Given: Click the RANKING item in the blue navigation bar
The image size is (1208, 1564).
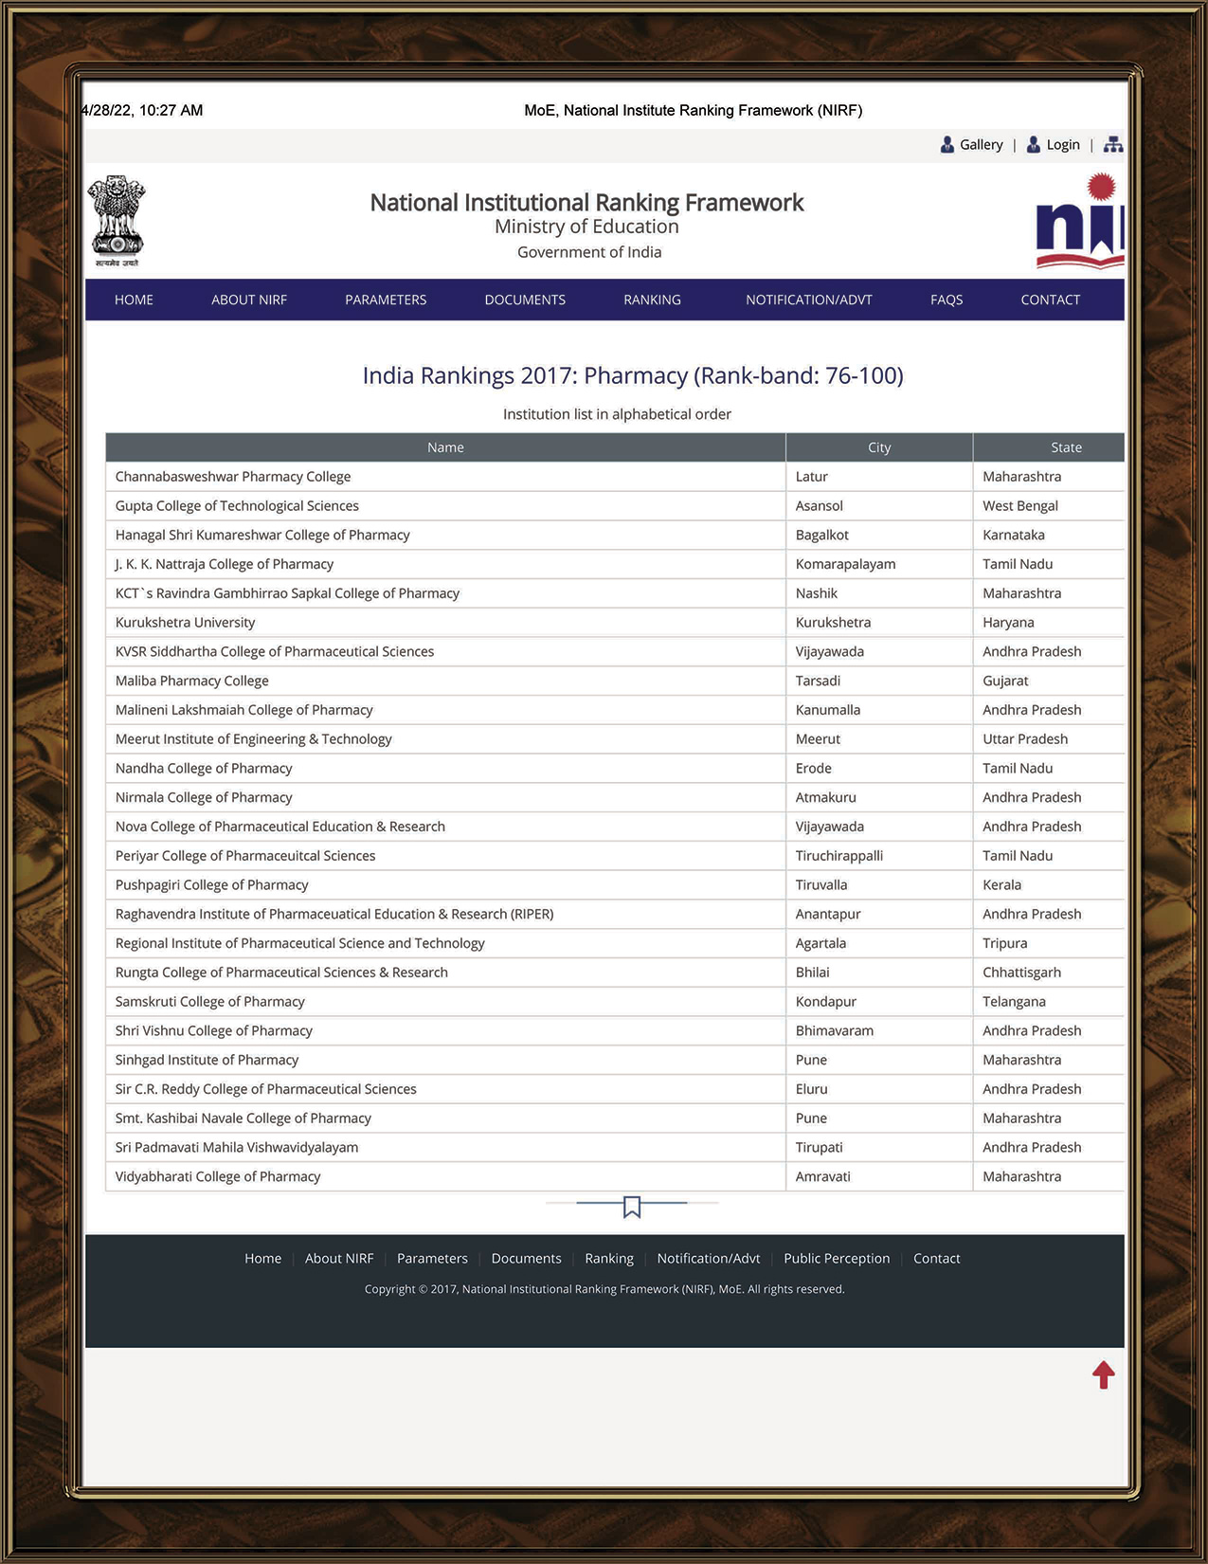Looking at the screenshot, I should click(x=652, y=300).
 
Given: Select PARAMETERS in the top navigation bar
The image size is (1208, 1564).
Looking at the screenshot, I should click(x=386, y=300).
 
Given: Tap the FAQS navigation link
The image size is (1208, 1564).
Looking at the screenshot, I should click(x=947, y=300).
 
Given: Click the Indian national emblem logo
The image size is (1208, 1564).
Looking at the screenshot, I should click(x=117, y=220).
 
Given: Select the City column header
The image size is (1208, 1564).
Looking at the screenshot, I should click(x=879, y=447).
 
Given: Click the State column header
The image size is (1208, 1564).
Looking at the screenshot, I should click(x=1066, y=447).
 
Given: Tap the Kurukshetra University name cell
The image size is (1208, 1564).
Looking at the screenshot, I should click(x=186, y=623).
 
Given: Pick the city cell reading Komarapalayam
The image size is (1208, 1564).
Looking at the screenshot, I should click(x=845, y=564).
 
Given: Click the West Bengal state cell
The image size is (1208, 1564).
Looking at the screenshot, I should click(x=1020, y=506).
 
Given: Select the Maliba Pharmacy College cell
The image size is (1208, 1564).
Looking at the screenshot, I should click(x=192, y=681).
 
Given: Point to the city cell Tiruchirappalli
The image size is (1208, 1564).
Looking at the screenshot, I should click(x=839, y=856).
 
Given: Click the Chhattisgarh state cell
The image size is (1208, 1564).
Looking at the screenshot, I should click(x=1021, y=973).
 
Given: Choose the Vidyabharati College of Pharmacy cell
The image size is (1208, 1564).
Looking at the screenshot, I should click(x=218, y=1176).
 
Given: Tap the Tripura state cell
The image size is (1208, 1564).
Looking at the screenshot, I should click(x=1005, y=943).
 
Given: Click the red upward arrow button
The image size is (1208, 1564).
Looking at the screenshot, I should click(x=1104, y=1374).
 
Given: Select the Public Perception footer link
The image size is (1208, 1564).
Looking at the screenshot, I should click(x=837, y=1259).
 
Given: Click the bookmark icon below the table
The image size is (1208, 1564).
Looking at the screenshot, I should click(x=632, y=1207).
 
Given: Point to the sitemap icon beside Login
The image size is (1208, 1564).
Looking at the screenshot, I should click(x=1113, y=145).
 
